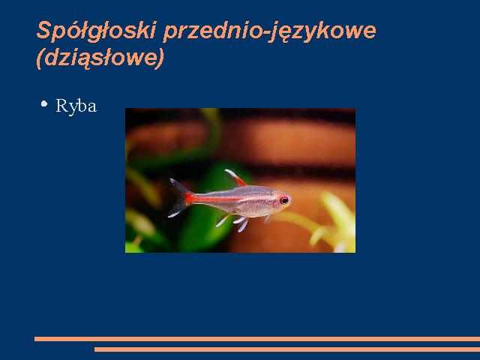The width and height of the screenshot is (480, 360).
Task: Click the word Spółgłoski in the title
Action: coord(97,31)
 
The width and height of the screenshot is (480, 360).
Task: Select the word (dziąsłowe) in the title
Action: coord(100,58)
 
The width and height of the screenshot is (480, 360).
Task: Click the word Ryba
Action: coord(76,106)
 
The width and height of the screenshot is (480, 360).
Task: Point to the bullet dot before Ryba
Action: coord(44,103)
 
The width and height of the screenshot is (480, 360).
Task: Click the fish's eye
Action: coord(284,200)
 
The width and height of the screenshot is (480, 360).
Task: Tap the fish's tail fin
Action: coord(179,197)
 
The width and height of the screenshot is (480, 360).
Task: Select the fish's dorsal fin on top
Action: coord(235,178)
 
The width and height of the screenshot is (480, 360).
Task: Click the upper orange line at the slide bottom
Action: coord(257,339)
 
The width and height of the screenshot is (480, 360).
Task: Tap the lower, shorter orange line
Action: coord(287,349)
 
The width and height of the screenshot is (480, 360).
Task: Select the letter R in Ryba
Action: coord(61,106)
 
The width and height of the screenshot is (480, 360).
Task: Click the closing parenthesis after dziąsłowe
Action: coord(160,58)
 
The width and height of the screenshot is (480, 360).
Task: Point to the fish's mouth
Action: coord(290,202)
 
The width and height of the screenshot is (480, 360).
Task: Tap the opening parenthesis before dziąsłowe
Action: coord(40,58)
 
